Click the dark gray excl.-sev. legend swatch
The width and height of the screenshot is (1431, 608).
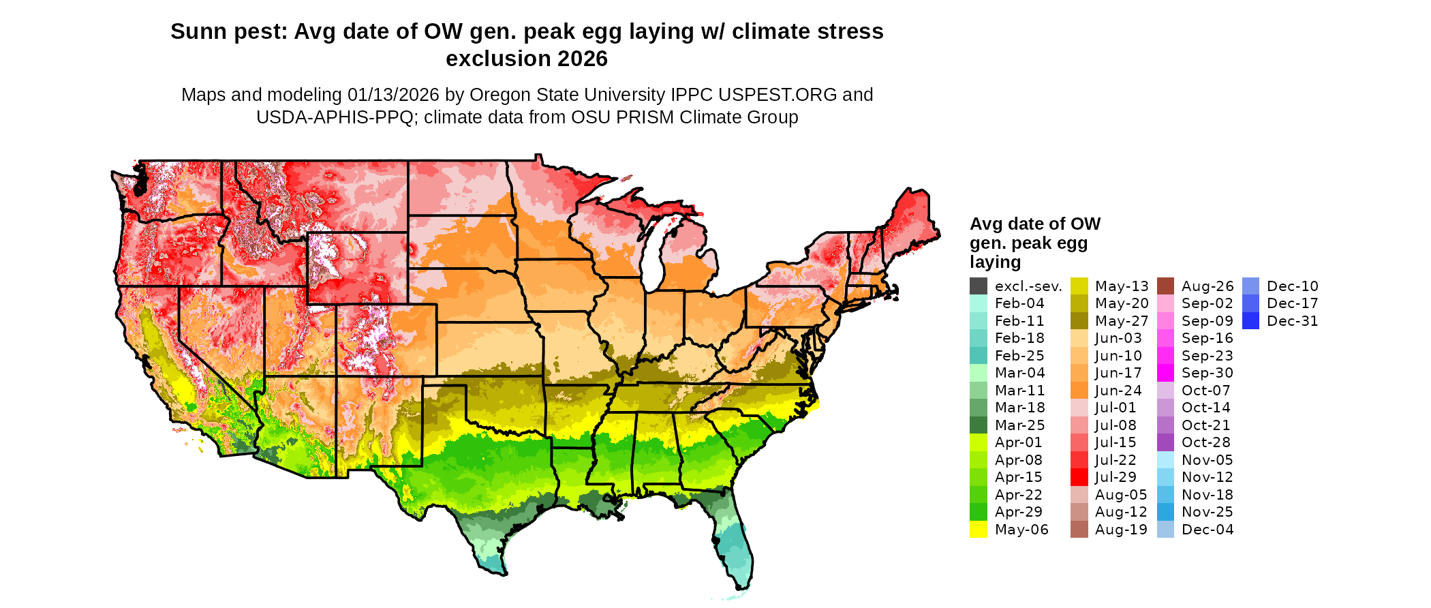click(x=979, y=286)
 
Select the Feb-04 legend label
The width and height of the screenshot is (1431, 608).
click(x=1019, y=303)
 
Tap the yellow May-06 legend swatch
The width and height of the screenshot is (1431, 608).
click(x=979, y=530)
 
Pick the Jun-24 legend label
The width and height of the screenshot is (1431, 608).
click(x=1118, y=391)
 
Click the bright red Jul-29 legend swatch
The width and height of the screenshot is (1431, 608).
click(x=1079, y=477)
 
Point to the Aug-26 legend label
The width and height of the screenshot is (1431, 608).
click(x=1207, y=286)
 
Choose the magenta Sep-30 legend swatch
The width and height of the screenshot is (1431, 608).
click(x=1166, y=373)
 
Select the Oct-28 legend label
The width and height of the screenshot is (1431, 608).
click(x=1206, y=442)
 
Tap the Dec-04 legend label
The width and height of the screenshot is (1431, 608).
click(x=1207, y=530)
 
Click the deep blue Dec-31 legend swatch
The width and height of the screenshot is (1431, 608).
click(x=1251, y=321)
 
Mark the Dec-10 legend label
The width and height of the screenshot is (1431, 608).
click(x=1293, y=286)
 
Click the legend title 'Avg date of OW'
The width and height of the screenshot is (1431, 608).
click(x=1034, y=224)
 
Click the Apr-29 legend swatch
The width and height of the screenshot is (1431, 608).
click(x=979, y=512)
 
